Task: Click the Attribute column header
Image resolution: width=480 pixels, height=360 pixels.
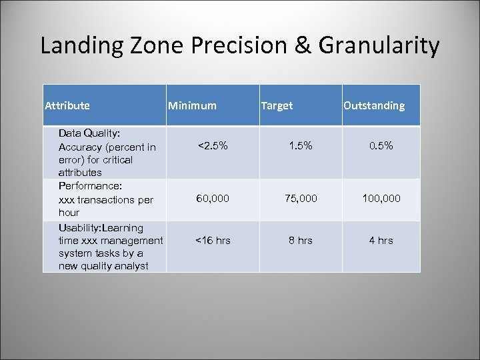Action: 67,105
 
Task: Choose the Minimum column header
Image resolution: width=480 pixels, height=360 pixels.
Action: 192,105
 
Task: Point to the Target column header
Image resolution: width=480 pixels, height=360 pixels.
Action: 277,105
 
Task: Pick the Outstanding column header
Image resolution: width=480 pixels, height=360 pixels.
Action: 374,105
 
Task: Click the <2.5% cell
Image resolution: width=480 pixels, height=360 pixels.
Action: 213,145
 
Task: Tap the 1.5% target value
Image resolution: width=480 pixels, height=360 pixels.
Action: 300,145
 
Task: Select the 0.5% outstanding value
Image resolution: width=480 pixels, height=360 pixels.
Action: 381,145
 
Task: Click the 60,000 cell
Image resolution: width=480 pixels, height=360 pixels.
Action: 213,199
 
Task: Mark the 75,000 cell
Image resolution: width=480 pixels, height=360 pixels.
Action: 300,199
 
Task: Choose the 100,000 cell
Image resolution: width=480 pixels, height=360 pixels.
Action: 381,199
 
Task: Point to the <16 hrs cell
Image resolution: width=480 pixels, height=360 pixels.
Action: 213,240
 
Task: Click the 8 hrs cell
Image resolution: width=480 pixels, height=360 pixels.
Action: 300,240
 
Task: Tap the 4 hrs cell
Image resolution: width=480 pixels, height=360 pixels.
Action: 381,240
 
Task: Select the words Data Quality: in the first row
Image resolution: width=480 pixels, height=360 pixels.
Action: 89,133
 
